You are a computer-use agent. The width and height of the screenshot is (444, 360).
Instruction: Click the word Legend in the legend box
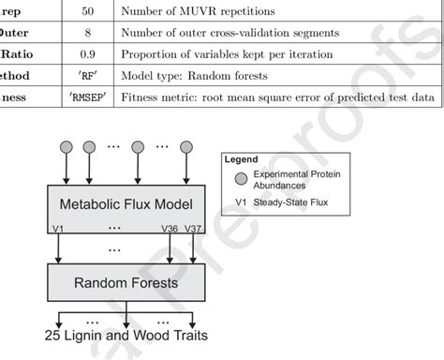pyautogui.click(x=243, y=160)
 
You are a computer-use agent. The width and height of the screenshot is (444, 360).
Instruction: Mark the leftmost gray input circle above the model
pyautogui.click(x=65, y=147)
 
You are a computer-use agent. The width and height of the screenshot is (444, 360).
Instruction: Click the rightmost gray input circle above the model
pyautogui.click(x=186, y=147)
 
